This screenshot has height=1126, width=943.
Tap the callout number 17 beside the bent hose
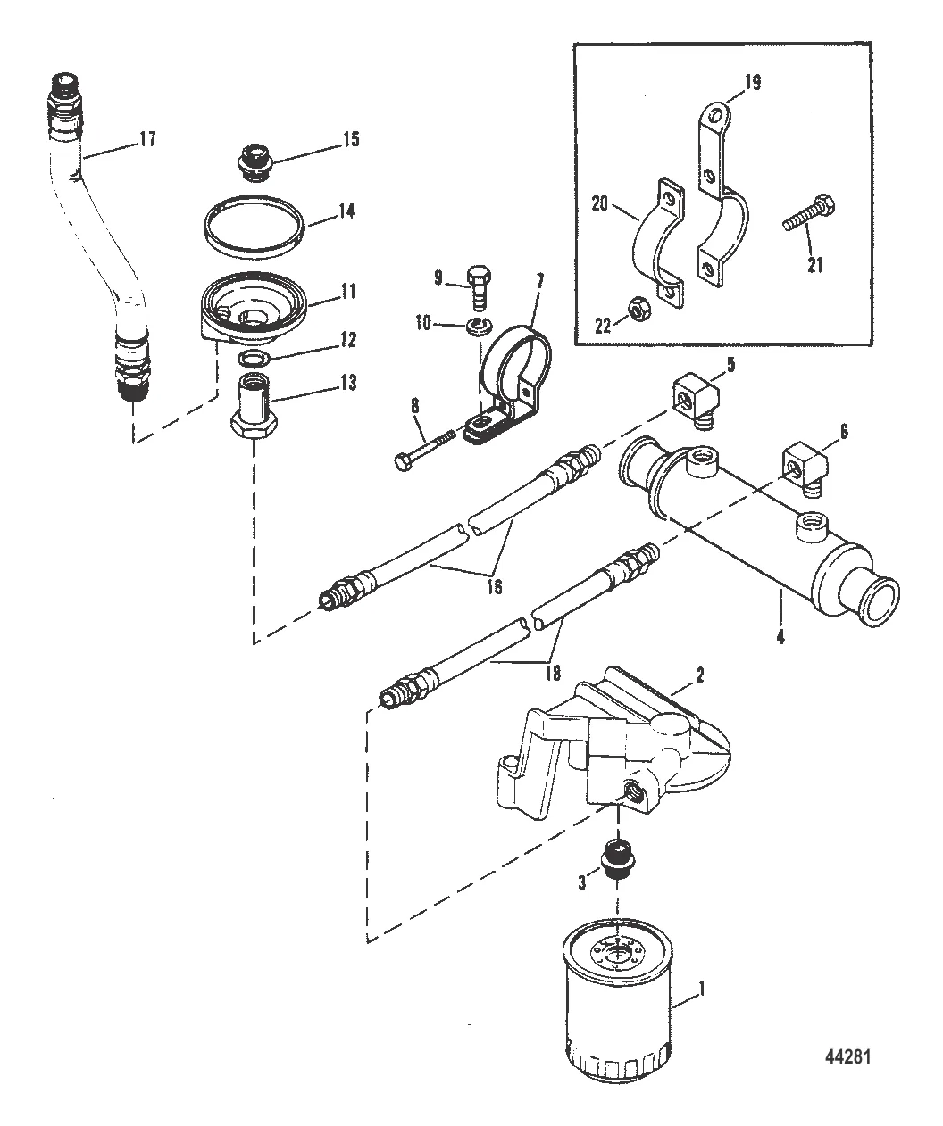click(x=147, y=139)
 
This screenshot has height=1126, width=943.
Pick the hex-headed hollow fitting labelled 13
click(x=255, y=407)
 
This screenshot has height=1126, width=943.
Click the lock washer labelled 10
click(x=477, y=326)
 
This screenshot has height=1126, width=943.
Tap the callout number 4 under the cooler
click(x=780, y=637)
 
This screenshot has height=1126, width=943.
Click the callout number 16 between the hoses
click(x=495, y=585)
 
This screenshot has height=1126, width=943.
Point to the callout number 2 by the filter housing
click(x=699, y=675)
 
